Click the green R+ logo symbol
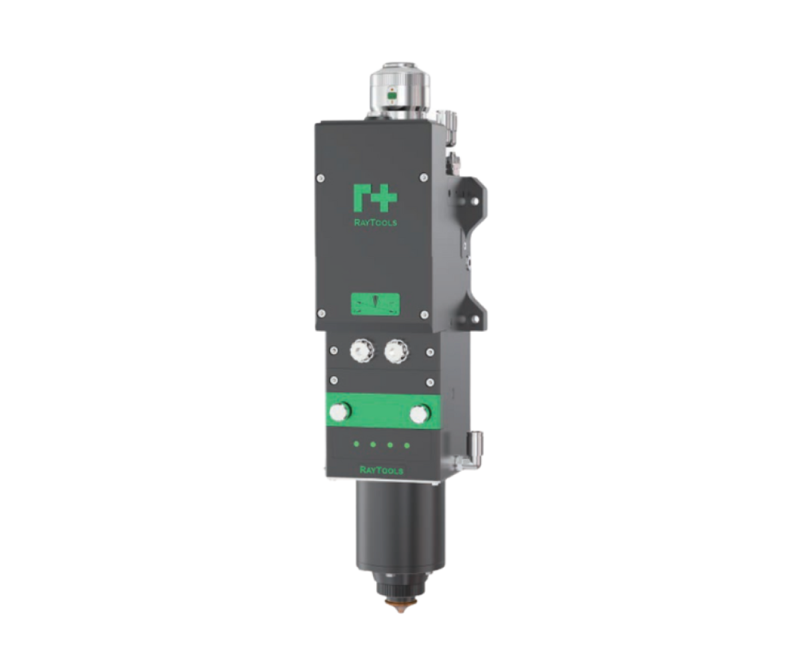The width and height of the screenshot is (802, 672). (374, 198)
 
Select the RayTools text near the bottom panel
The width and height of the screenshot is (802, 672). (382, 470)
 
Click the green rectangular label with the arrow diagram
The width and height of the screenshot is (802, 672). (375, 304)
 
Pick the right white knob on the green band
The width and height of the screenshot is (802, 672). (418, 414)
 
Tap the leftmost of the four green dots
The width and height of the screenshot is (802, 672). (357, 443)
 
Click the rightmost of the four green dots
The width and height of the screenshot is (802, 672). (407, 445)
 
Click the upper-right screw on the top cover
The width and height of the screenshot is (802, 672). (423, 177)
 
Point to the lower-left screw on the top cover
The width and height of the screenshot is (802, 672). (321, 313)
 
